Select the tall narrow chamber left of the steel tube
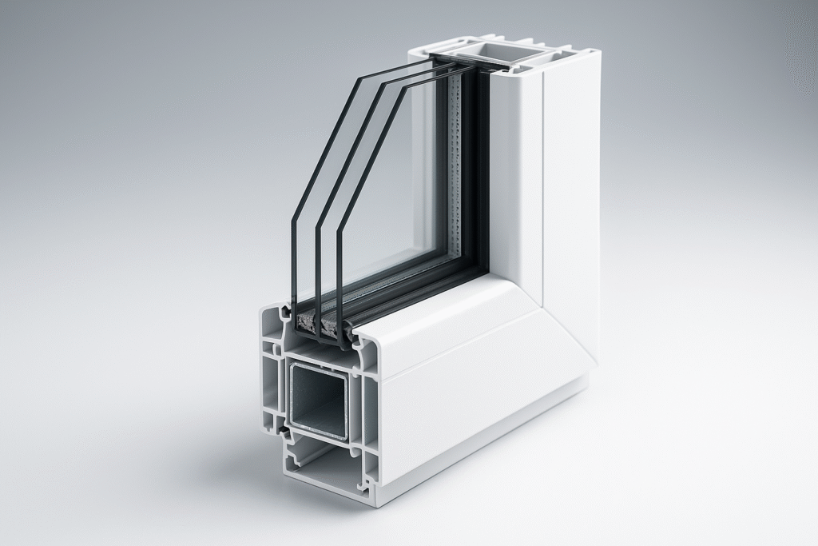point(271,392)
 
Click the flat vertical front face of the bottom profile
point(479,424)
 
